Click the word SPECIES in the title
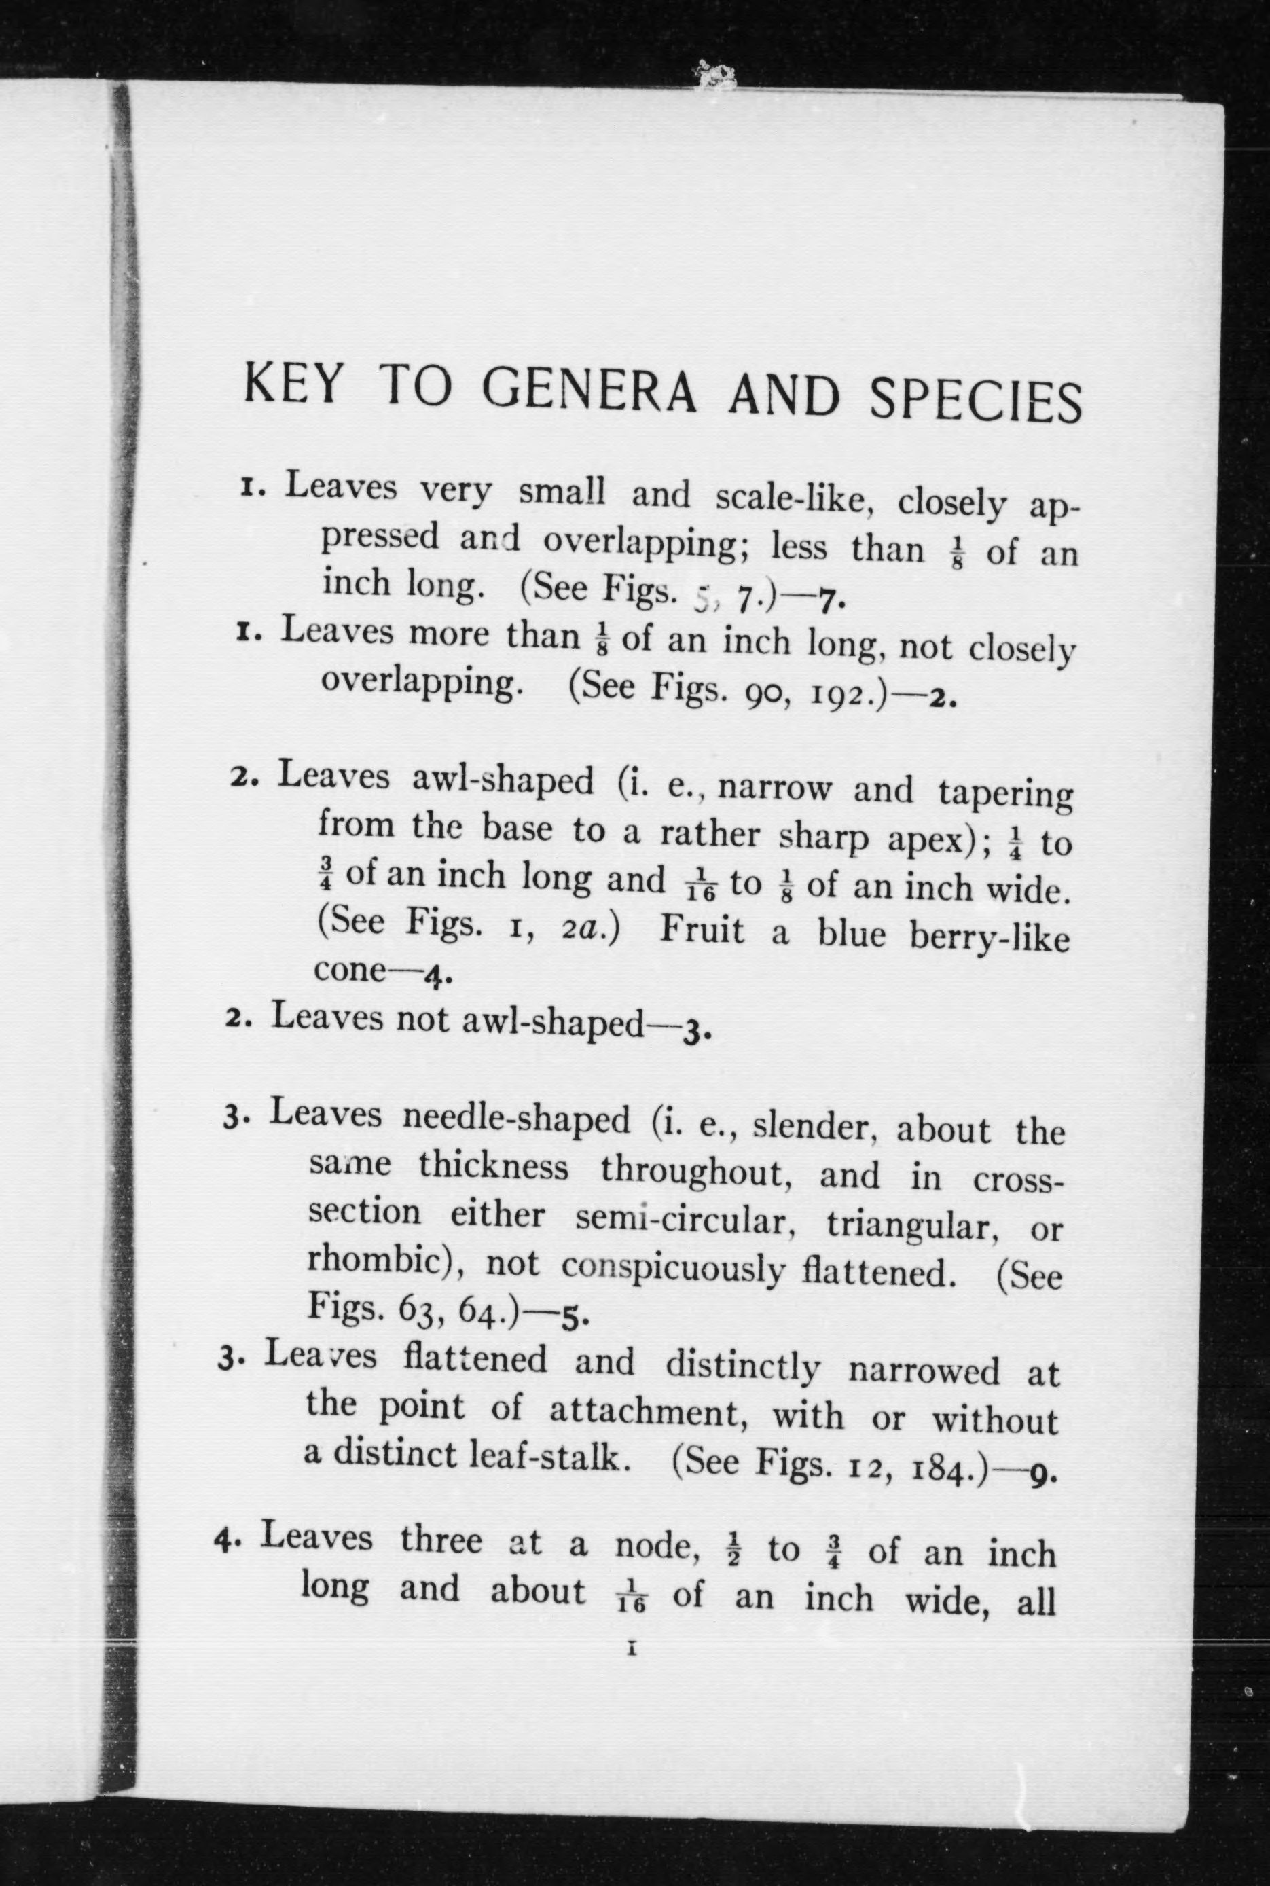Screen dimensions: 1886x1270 coord(975,399)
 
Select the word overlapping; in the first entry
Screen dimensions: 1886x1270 coord(645,543)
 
